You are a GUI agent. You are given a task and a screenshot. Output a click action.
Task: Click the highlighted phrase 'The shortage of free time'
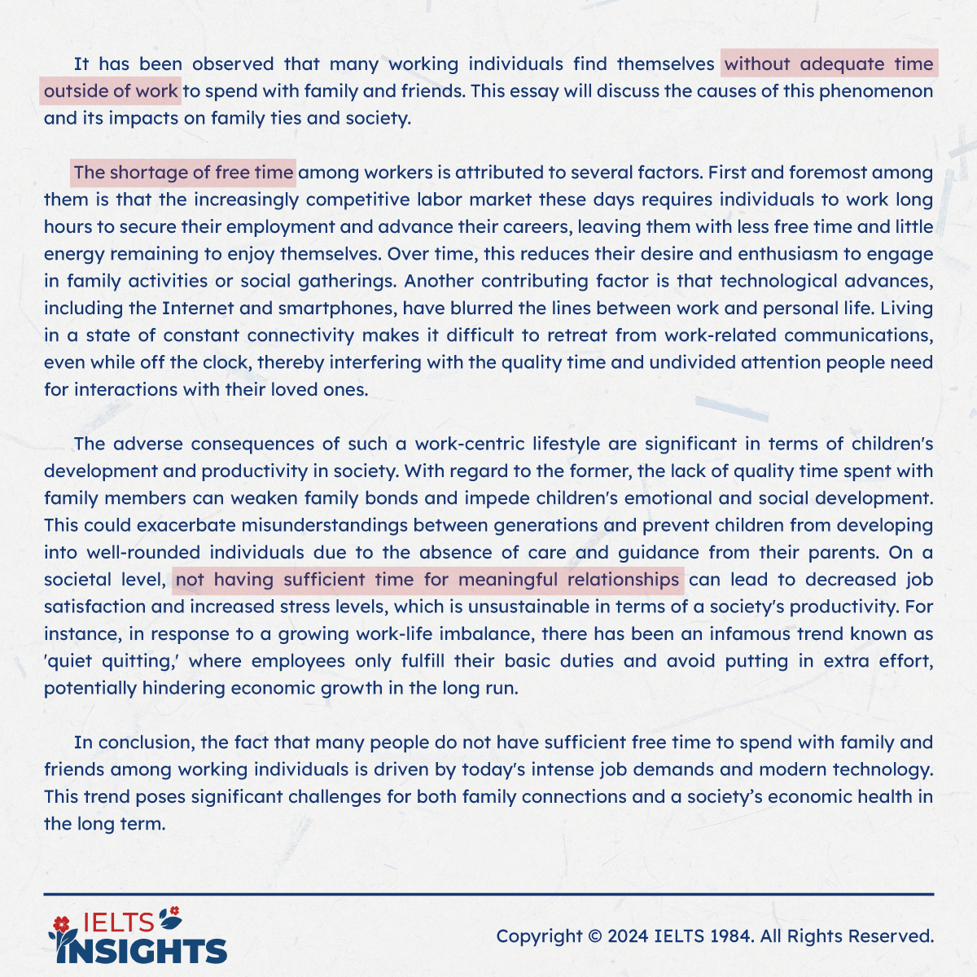click(x=183, y=173)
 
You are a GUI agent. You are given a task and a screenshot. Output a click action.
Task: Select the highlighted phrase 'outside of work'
click(x=111, y=91)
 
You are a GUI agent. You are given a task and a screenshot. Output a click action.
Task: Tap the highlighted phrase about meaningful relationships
click(x=427, y=580)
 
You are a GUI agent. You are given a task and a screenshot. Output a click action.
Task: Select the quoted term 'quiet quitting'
click(x=107, y=661)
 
